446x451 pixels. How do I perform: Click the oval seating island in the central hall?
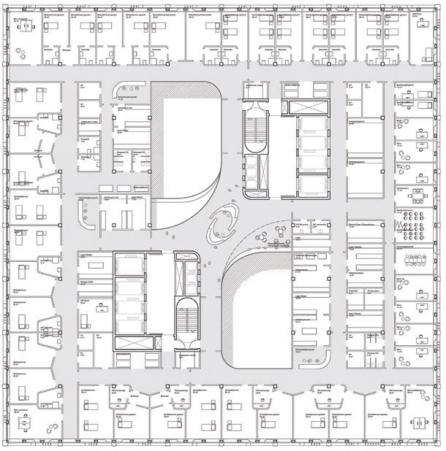[x=222, y=224]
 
